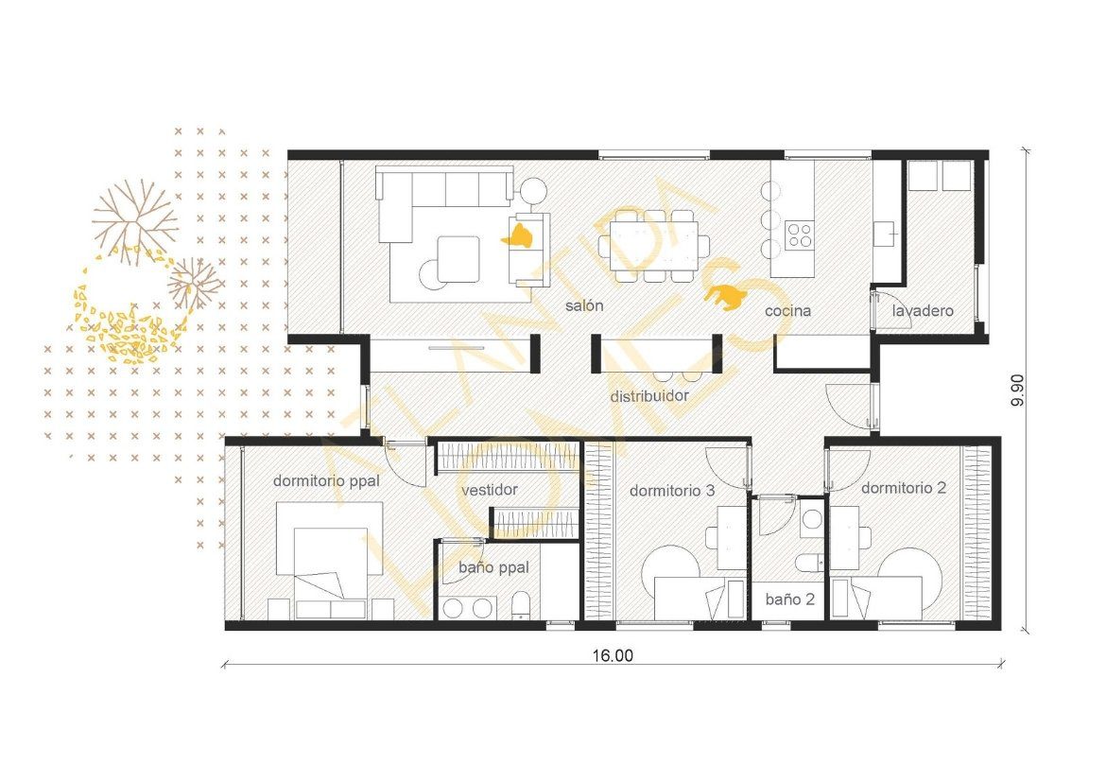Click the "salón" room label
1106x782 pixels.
[x=584, y=305]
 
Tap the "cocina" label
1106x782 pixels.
[x=787, y=310]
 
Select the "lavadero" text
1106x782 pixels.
[x=923, y=310]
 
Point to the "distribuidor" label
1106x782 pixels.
[x=648, y=396]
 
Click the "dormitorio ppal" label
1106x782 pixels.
[x=326, y=481]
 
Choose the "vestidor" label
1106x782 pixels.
[x=490, y=490]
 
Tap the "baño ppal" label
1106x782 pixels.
[x=493, y=567]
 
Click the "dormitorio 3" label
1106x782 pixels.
[x=671, y=491]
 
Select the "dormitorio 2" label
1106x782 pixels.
[x=904, y=488]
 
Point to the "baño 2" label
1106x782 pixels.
[x=790, y=600]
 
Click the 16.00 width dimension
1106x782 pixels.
[x=613, y=655]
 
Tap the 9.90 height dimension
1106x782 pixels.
[x=1017, y=391]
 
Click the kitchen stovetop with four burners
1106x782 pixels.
[x=799, y=235]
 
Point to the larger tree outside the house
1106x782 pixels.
[x=135, y=220]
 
